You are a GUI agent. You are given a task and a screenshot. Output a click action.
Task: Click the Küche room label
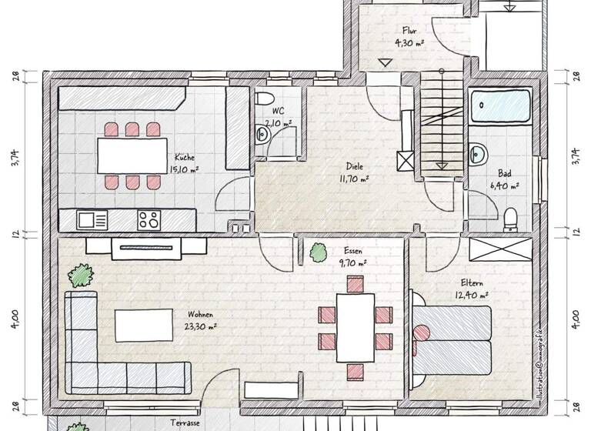point(183,154)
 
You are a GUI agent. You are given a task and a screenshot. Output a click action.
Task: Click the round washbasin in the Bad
point(479,152)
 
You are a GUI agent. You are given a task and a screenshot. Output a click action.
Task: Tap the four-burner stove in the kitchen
point(149,219)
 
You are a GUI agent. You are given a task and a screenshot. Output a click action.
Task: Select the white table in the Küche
point(133,155)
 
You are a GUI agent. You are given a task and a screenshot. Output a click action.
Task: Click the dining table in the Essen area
point(355,323)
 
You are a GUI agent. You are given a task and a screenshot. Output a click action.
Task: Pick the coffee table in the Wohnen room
point(144,324)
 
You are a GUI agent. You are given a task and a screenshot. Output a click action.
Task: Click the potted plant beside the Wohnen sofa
point(80,275)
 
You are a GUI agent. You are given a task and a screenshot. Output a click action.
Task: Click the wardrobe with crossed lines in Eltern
point(499,251)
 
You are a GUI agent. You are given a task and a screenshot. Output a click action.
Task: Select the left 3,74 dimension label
point(14,154)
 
